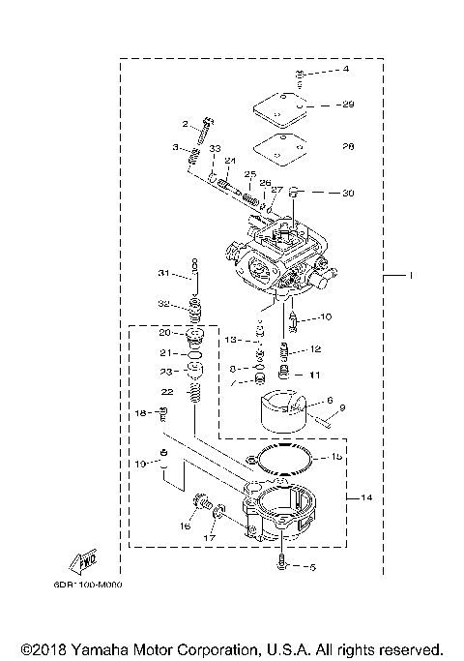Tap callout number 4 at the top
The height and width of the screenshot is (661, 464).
pos(320,70)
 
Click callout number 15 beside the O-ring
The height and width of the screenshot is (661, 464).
pos(335,456)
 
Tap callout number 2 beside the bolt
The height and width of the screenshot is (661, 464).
pos(184,124)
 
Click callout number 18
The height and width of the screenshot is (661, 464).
pos(140,413)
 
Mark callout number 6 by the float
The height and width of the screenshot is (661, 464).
pos(330,399)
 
